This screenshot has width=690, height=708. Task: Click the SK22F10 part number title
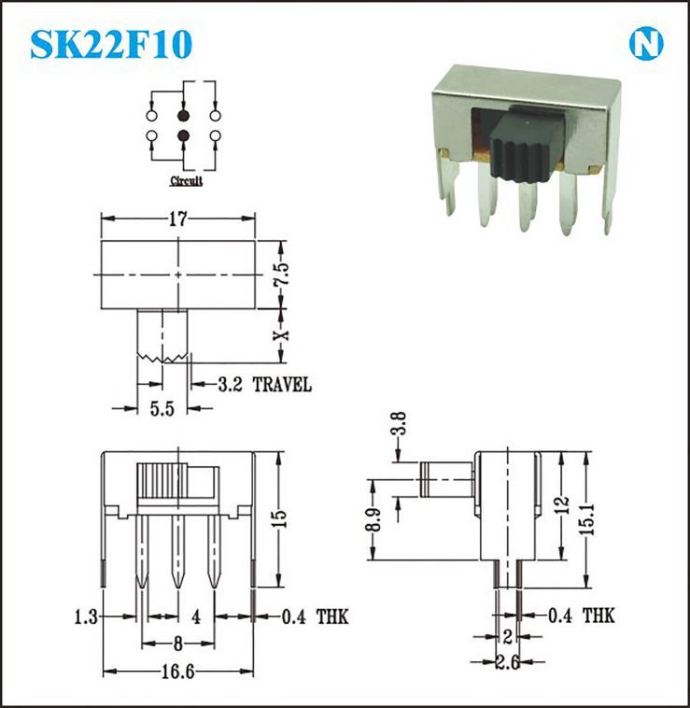pyautogui.click(x=111, y=44)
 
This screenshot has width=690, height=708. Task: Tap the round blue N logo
pyautogui.click(x=646, y=44)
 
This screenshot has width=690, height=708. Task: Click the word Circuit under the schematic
pyautogui.click(x=187, y=181)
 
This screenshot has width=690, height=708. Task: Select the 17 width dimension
pyautogui.click(x=177, y=219)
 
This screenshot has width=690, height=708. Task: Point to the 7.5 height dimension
pyautogui.click(x=282, y=274)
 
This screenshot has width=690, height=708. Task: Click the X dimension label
pyautogui.click(x=282, y=335)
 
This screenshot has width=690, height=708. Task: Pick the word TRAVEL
pyautogui.click(x=282, y=385)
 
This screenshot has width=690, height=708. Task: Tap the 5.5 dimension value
pyautogui.click(x=162, y=408)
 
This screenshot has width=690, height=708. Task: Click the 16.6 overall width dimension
pyautogui.click(x=177, y=673)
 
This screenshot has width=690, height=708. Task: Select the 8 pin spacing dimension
pyautogui.click(x=177, y=644)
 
